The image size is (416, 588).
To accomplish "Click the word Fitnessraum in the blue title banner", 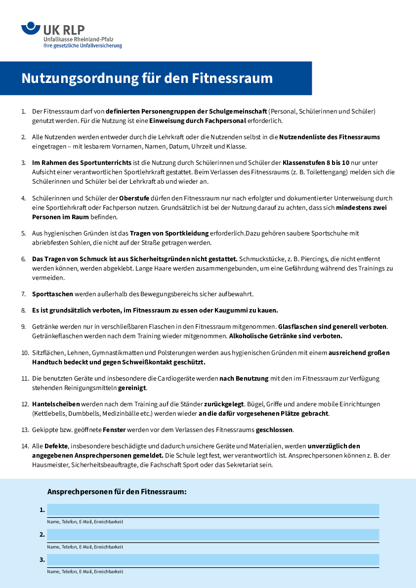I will (x=232, y=78).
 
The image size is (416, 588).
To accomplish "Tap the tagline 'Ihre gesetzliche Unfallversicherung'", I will (x=83, y=46).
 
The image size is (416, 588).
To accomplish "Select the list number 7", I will (x=23, y=294).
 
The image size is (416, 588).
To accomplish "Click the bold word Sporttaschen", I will (x=52, y=294).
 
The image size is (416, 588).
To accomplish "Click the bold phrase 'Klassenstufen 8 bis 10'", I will (x=316, y=162).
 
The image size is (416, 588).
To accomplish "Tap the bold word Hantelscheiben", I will (x=56, y=404).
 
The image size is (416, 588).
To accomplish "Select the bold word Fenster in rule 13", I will (x=114, y=430).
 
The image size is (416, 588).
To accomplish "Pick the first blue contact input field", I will (x=213, y=510).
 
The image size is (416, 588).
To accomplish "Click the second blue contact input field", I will (x=213, y=535).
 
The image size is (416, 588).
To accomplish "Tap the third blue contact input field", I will (x=213, y=560).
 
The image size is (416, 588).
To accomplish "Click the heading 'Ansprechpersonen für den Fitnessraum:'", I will (x=117, y=492).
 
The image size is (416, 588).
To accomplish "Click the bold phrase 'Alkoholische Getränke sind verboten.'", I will (x=286, y=336).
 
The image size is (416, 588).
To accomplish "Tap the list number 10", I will (x=25, y=353).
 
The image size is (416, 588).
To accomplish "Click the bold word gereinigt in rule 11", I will (x=132, y=388).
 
